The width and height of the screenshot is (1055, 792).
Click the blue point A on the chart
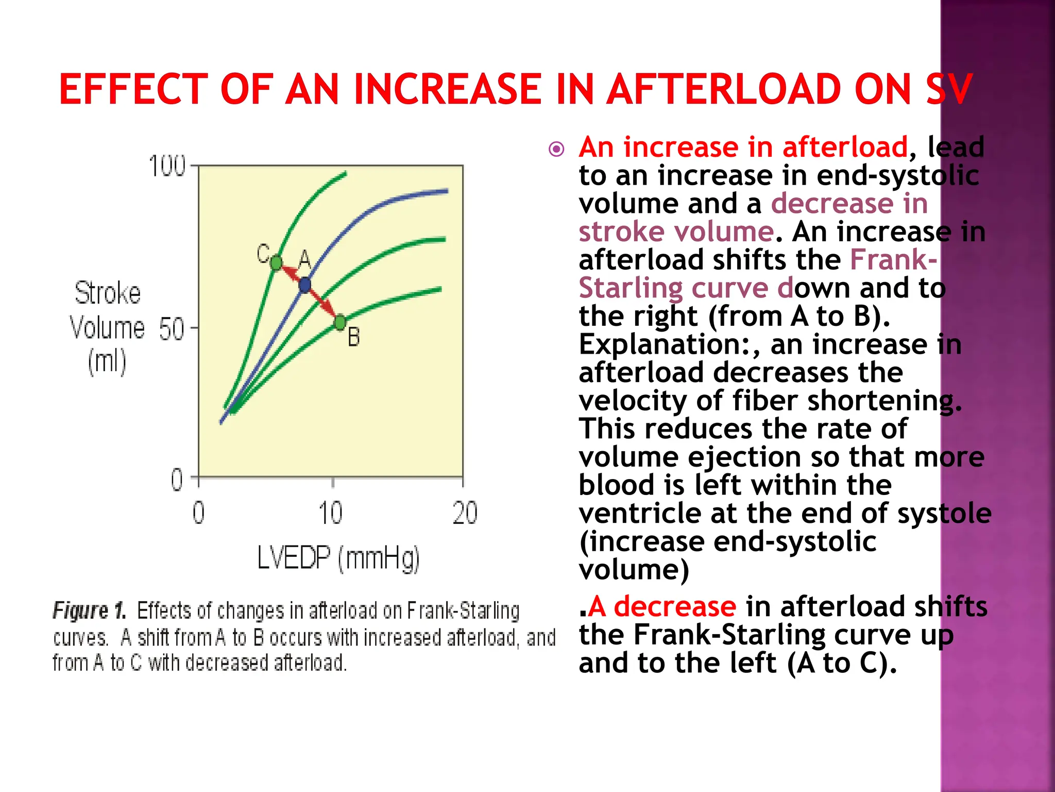[305, 285]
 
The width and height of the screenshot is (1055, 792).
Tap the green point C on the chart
[276, 263]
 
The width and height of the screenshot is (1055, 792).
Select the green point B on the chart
[340, 323]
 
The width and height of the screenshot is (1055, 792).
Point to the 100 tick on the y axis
[166, 166]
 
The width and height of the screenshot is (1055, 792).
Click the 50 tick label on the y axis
[171, 329]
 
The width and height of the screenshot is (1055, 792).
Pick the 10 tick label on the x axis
[330, 514]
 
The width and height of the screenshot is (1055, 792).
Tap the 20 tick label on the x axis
[465, 514]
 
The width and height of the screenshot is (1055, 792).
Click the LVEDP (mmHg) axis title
[338, 558]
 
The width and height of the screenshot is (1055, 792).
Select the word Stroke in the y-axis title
[107, 293]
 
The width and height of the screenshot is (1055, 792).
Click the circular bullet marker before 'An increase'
[556, 150]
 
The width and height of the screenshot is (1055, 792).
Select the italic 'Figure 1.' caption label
[89, 610]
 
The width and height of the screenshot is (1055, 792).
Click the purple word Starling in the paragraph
[631, 288]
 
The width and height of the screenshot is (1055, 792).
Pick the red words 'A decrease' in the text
[662, 606]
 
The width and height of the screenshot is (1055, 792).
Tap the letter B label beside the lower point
[353, 337]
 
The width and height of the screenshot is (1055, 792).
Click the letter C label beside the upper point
[263, 254]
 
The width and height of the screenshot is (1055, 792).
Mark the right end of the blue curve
[446, 191]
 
